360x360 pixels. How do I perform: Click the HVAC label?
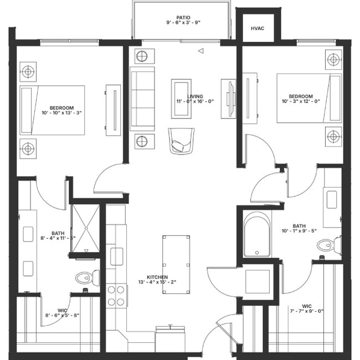point(256,28)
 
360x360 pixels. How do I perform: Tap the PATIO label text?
point(181,18)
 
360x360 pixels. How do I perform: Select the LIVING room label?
point(195,96)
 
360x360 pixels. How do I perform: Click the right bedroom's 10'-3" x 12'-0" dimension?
point(301,102)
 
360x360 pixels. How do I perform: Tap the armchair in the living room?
point(181,140)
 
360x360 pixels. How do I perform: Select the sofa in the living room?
point(142,99)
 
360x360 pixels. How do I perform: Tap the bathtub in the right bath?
point(257,235)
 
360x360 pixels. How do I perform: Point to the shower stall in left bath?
point(85,228)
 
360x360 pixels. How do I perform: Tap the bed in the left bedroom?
point(53,110)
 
